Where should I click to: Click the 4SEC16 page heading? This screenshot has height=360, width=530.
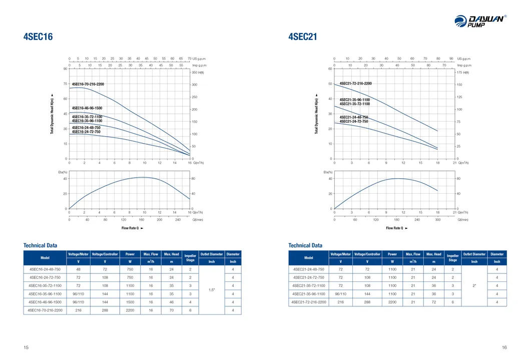pyautogui.click(x=38, y=37)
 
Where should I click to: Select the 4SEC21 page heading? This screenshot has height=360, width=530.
pyautogui.click(x=303, y=37)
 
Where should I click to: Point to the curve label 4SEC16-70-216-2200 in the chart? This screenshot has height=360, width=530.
pyautogui.click(x=89, y=85)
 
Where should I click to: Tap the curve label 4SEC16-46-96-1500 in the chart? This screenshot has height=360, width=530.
pyautogui.click(x=87, y=108)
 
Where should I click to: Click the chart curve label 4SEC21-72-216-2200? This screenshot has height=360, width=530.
pyautogui.click(x=356, y=84)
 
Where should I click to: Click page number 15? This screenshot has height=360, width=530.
pyautogui.click(x=26, y=347)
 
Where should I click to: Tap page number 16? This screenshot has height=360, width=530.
pyautogui.click(x=504, y=347)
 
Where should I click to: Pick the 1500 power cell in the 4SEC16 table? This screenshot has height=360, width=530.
pyautogui.click(x=130, y=302)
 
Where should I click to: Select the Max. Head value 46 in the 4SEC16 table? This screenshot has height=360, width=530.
pyautogui.click(x=171, y=302)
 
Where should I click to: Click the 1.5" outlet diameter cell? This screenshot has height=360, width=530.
pyautogui.click(x=212, y=290)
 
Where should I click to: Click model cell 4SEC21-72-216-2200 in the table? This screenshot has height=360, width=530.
pyautogui.click(x=309, y=302)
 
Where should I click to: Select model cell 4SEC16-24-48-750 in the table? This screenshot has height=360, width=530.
pyautogui.click(x=45, y=269)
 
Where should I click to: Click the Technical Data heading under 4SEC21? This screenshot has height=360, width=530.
pyautogui.click(x=305, y=245)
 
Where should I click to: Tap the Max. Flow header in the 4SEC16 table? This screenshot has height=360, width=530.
pyautogui.click(x=151, y=254)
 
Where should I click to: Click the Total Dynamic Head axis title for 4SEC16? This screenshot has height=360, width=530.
pyautogui.click(x=52, y=115)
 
